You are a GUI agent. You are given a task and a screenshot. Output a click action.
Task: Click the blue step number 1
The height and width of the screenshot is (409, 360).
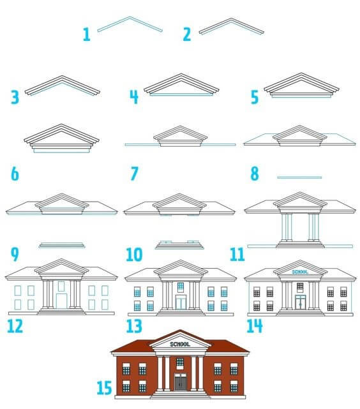(x=87, y=34)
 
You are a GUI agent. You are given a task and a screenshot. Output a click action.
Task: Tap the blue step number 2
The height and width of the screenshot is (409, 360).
(x=187, y=34)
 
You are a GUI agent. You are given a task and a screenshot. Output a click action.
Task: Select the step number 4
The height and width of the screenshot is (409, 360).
(x=134, y=97)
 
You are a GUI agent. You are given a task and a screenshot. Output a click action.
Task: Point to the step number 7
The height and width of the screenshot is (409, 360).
(x=134, y=174)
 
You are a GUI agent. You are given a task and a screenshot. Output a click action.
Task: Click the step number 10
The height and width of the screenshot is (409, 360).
(x=134, y=255)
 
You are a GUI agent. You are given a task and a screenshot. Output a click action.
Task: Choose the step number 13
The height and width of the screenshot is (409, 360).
(x=134, y=326)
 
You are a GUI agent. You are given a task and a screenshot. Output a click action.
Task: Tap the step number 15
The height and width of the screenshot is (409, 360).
(x=104, y=388)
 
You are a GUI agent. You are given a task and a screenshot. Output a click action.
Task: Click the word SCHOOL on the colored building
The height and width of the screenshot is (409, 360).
(x=180, y=345)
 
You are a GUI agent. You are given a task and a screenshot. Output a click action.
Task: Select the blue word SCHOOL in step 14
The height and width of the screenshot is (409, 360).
(x=300, y=272)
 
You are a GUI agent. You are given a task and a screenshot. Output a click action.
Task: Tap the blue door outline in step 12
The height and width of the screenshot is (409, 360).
(x=61, y=301)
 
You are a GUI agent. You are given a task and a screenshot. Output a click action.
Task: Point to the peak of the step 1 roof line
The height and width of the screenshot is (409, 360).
(x=130, y=17)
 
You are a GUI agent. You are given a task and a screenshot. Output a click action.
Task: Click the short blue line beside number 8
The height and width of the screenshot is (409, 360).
(x=299, y=177)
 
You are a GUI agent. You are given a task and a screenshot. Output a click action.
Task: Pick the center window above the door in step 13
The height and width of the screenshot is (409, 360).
(x=181, y=287)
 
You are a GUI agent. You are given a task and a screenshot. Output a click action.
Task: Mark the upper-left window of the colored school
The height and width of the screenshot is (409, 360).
(x=126, y=369)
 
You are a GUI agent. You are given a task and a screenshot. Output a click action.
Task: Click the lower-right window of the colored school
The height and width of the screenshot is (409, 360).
(x=234, y=386)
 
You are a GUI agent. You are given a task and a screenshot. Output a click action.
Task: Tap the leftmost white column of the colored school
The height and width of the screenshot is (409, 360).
(x=160, y=373)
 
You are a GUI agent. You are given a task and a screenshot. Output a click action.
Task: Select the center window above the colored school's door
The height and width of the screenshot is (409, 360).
(x=180, y=363)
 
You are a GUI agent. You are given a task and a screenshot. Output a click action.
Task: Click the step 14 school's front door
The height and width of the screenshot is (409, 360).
(x=300, y=302)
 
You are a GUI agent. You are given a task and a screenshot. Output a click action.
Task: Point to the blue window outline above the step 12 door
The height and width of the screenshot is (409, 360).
(x=61, y=286)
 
